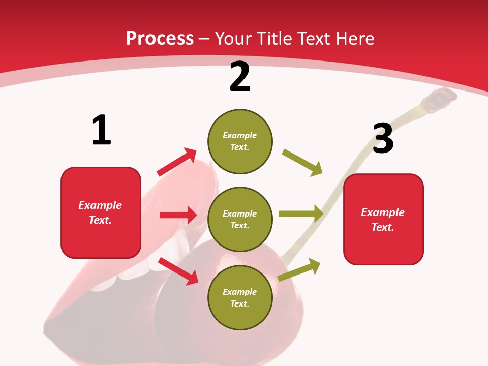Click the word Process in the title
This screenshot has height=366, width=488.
pos(160,39)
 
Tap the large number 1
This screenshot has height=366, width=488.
pos(101,131)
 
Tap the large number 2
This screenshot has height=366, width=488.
pos(240,77)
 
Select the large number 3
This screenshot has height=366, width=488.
pos(383,138)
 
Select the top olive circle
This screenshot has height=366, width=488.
pos(240,141)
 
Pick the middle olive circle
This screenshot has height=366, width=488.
pos(240,220)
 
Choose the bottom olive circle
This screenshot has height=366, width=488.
pos(240,298)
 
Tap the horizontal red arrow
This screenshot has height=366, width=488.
pos(178,215)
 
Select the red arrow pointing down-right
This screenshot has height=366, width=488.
pos(178,270)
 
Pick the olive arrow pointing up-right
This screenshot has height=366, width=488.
pos(299,269)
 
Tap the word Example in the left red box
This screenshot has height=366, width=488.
pos(100,205)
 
